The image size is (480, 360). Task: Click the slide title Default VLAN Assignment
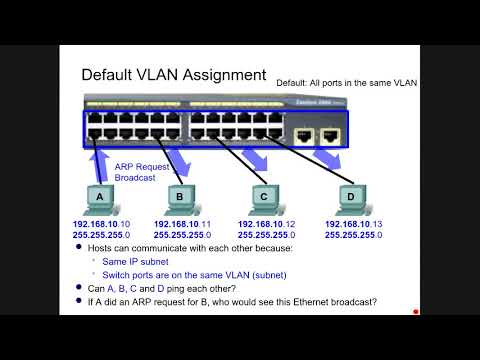point(173,74)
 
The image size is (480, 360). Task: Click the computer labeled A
point(99,198)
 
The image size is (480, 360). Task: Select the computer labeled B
point(179,198)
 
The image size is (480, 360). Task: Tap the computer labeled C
point(264,198)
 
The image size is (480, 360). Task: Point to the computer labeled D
point(349,198)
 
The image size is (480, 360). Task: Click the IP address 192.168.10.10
point(101,224)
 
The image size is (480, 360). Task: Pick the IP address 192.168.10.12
point(267,224)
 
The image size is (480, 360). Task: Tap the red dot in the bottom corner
point(415,311)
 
